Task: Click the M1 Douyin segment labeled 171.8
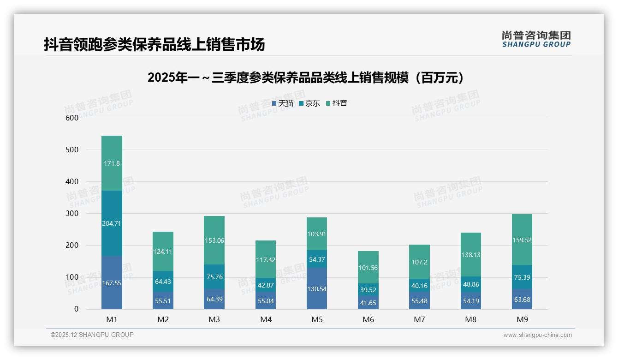[112, 163]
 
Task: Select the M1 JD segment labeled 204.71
[112, 223]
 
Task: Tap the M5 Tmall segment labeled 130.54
[316, 288]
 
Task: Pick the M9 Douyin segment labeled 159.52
[522, 240]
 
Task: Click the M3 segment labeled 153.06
[214, 240]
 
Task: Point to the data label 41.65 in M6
[368, 303]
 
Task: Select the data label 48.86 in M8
[470, 285]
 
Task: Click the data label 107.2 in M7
[419, 262]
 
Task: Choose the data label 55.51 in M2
[163, 300]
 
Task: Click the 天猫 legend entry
[282, 103]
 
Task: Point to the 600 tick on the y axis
[72, 118]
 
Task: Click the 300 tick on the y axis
[72, 214]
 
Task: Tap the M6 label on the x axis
[368, 319]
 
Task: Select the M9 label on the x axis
[522, 319]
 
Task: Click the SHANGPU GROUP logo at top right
[536, 39]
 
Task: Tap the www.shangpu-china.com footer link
[537, 335]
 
